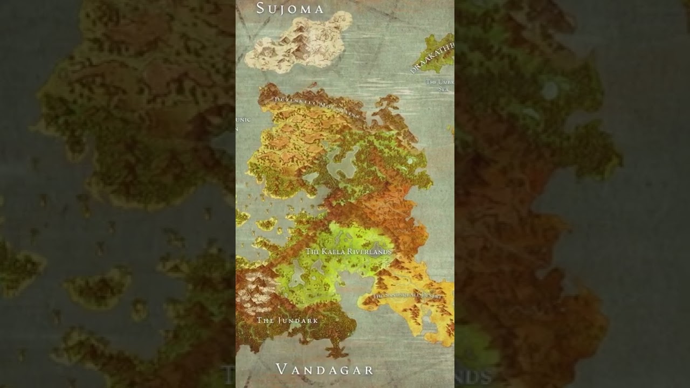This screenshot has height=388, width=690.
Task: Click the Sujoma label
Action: pos(290,9)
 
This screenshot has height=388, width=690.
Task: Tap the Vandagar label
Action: pos(325,370)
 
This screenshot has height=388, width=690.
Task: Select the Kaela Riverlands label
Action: pos(348,252)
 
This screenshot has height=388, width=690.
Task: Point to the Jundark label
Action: pos(287,321)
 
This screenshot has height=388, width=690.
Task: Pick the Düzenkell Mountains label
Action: pos(316,106)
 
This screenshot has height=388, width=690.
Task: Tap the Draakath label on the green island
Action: pos(432,58)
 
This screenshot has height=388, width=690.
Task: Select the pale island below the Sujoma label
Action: pos(299,43)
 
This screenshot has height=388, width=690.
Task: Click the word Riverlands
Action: pos(369,252)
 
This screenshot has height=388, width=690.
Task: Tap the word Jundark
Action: pos(298,321)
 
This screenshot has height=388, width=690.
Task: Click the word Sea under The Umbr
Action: pos(444,89)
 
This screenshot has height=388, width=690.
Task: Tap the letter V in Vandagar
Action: pos(281,370)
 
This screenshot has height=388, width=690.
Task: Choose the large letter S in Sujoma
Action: pos(261,8)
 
